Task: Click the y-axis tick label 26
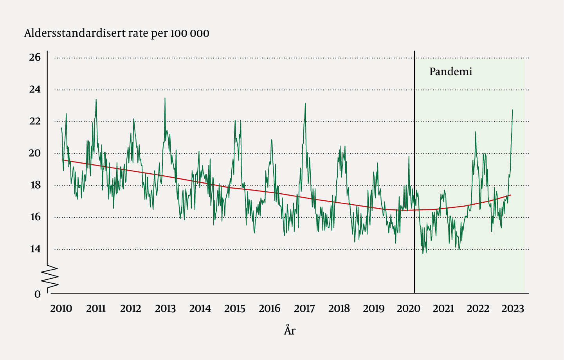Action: (35, 58)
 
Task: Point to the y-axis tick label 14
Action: (35, 249)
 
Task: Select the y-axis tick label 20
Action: (35, 153)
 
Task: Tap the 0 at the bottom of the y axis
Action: (38, 294)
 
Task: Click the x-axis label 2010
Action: (61, 309)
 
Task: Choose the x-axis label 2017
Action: (304, 309)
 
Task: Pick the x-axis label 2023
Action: (513, 309)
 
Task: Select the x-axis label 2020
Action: (408, 309)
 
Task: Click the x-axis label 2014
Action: (200, 309)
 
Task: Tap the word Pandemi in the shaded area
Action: (450, 72)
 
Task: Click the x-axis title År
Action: (290, 331)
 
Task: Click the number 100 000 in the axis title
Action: (190, 33)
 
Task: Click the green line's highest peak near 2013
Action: (165, 98)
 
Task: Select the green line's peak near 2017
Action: (305, 103)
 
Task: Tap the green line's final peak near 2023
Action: (512, 110)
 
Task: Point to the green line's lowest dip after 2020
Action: (423, 253)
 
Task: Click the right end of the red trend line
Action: (510, 195)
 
